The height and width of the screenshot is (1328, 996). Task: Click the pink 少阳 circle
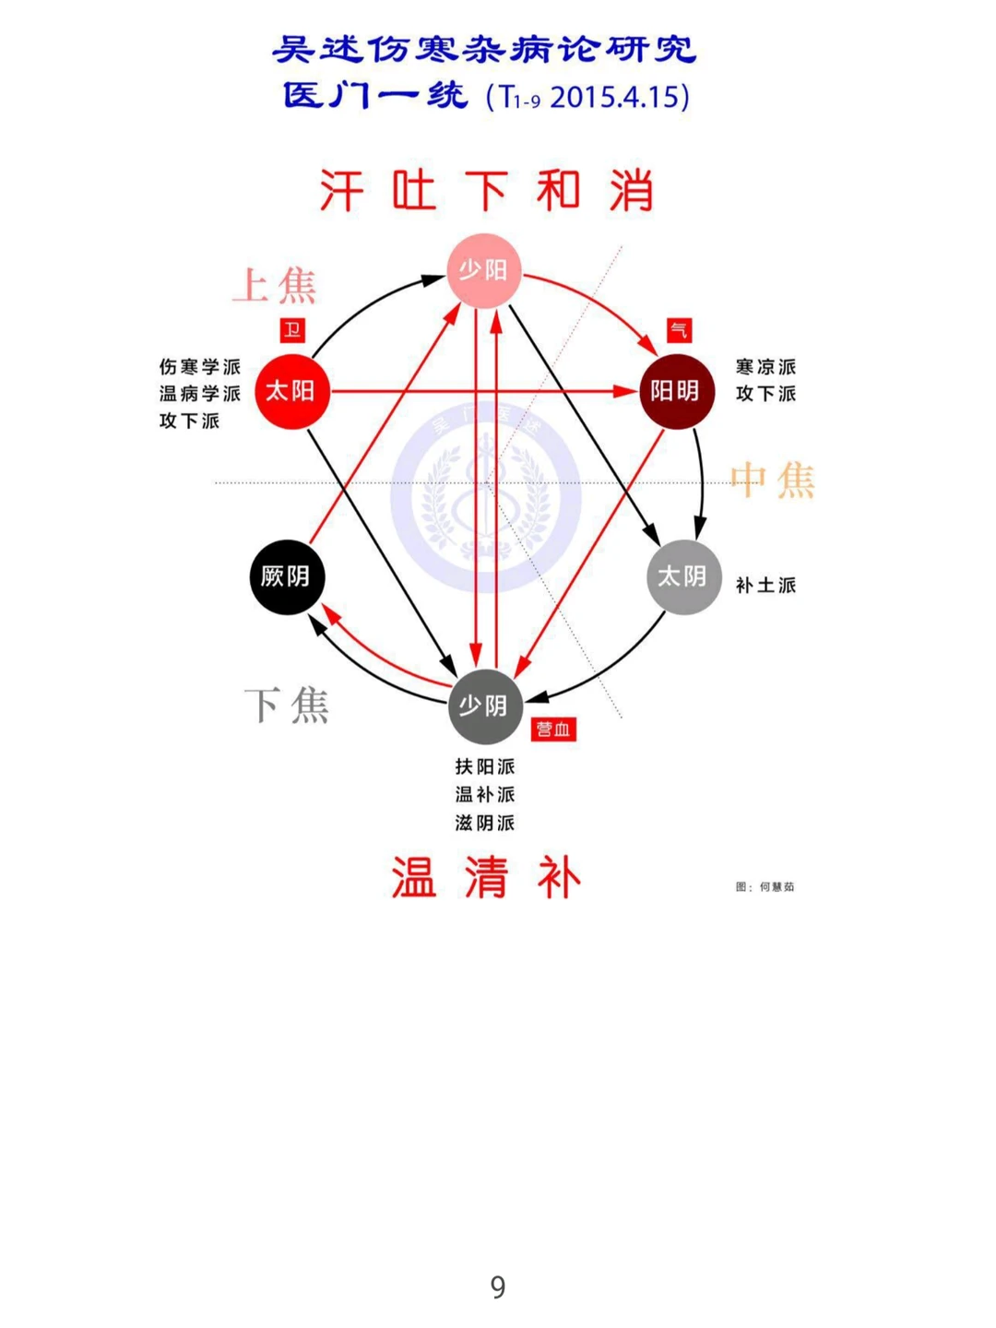click(x=484, y=270)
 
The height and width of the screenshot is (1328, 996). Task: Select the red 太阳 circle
click(x=291, y=391)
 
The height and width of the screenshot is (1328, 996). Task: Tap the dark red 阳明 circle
click(x=676, y=391)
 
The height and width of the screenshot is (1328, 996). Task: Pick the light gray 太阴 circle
click(x=683, y=577)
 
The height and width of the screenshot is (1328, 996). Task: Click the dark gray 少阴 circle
click(x=484, y=706)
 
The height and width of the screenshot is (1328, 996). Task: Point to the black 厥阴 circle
click(x=287, y=577)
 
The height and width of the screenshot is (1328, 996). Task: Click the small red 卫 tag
click(x=292, y=330)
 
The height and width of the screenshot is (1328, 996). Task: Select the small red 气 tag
click(x=679, y=330)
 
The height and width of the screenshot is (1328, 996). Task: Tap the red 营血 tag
click(x=553, y=729)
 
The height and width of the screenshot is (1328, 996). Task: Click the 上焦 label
click(x=275, y=286)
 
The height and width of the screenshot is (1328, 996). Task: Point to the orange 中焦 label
click(x=773, y=480)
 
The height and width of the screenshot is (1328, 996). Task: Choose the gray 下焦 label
click(x=287, y=705)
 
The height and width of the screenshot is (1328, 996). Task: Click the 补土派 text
click(x=765, y=586)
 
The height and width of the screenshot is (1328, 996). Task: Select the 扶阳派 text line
click(x=485, y=766)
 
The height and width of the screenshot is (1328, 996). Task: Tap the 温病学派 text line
click(x=199, y=394)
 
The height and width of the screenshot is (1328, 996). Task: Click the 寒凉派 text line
click(x=765, y=367)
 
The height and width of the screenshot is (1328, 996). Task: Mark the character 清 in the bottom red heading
click(x=486, y=877)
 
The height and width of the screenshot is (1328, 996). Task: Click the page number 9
click(x=498, y=1286)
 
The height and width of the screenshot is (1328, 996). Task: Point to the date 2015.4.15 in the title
click(x=619, y=97)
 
